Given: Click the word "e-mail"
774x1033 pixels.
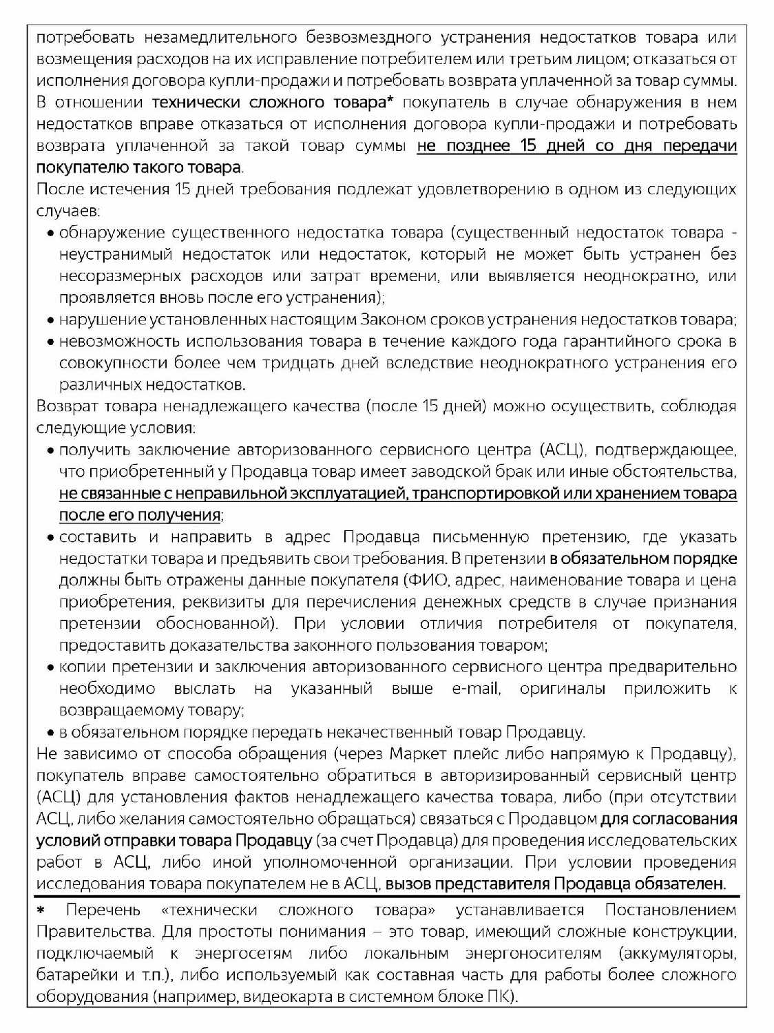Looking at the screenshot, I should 476,689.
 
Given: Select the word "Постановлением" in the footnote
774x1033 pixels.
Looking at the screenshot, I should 671,910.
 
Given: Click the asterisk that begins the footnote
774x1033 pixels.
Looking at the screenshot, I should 41,911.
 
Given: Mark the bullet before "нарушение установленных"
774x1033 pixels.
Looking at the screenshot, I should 51,321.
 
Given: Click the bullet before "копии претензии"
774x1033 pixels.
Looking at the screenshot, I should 51,668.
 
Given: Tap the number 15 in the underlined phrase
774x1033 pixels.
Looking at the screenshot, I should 527,146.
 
